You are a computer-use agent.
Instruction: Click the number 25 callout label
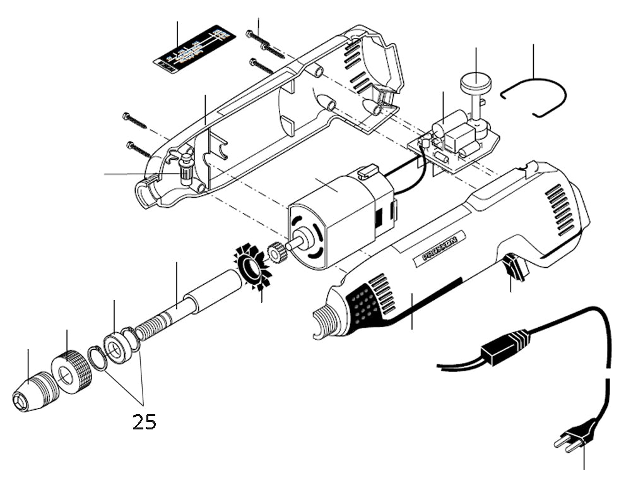tap(144, 422)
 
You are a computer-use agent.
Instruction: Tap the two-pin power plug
tap(575, 436)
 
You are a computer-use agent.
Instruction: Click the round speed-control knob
tap(475, 83)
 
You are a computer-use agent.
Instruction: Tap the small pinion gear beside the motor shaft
tap(277, 253)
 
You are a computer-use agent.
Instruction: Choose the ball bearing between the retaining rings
tap(117, 347)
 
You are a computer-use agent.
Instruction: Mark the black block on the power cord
tap(505, 346)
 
